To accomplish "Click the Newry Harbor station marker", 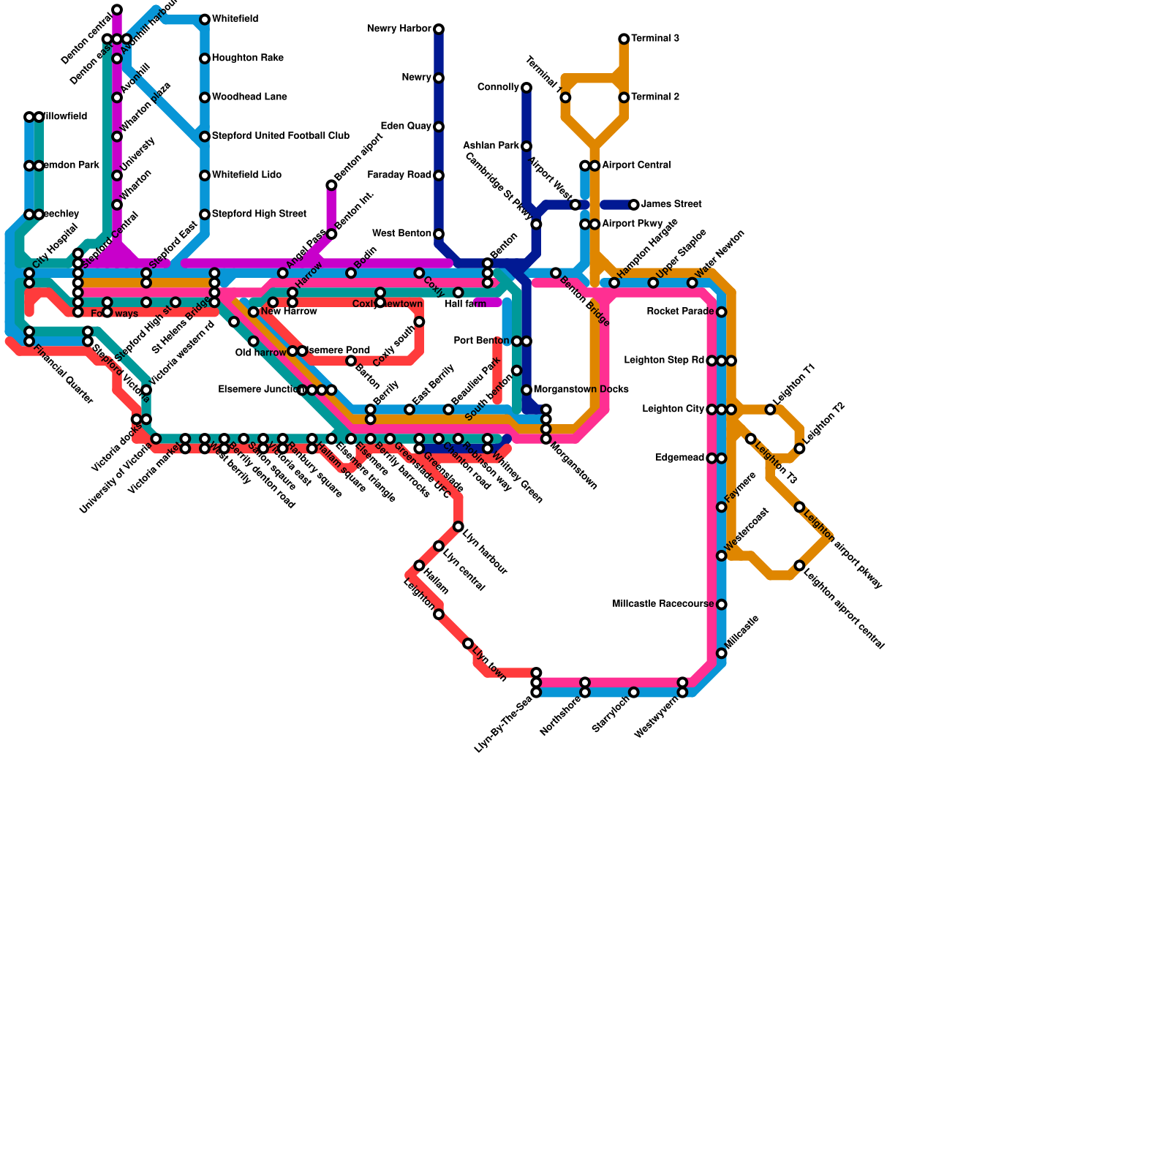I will tap(439, 29).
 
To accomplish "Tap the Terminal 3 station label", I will tap(655, 39).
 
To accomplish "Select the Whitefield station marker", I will tap(205, 19).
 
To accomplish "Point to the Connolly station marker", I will tap(526, 88).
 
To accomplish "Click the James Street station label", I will tap(671, 205).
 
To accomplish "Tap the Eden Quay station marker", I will tap(439, 127).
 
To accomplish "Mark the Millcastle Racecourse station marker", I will tap(722, 605).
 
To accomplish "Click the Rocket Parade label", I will tap(680, 312).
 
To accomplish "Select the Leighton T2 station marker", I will tap(799, 448).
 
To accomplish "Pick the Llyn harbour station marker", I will tap(458, 526).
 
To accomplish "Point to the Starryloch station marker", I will tap(634, 692).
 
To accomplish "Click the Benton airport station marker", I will tap(331, 185).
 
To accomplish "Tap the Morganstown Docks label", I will tap(581, 390).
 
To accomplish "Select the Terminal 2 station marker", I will tap(624, 97).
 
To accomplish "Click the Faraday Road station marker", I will tap(439, 175).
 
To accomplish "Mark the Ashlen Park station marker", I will tap(526, 146).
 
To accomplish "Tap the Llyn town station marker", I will tap(468, 643).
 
